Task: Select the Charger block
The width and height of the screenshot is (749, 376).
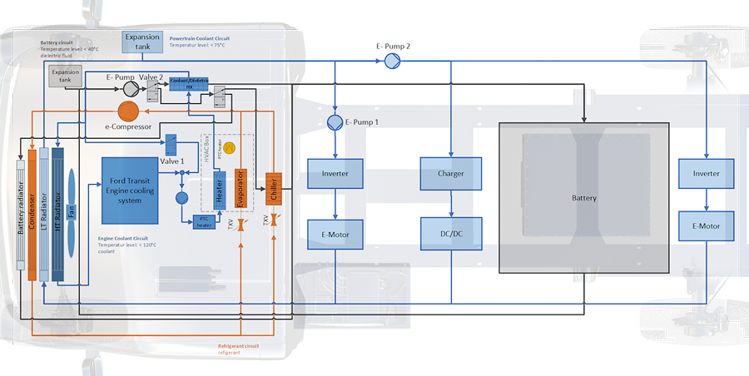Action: click(x=450, y=173)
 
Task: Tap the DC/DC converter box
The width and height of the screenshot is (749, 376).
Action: click(x=450, y=235)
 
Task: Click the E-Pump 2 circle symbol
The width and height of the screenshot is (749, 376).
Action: click(x=392, y=61)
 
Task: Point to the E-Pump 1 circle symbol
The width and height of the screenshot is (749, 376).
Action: click(x=334, y=122)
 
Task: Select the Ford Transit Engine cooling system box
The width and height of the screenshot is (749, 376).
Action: click(x=130, y=190)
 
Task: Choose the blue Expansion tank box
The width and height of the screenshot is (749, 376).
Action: click(x=141, y=42)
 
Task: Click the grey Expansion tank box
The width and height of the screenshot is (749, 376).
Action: click(x=65, y=77)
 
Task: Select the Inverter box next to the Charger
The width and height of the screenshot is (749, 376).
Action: click(x=335, y=173)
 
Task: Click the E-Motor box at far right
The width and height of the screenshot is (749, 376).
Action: click(x=706, y=226)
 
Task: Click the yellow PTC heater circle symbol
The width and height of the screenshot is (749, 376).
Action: click(x=230, y=147)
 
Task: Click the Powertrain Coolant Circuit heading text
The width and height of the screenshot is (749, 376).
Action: click(x=200, y=38)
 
